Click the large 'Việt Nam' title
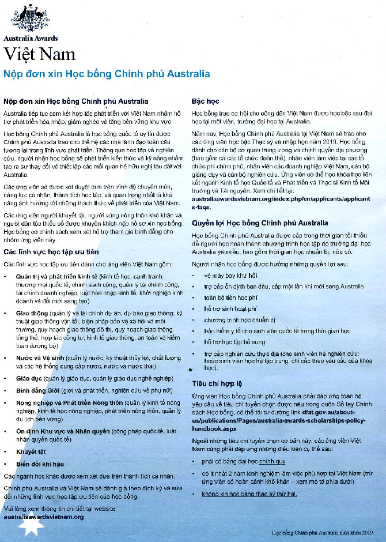tap(39, 54)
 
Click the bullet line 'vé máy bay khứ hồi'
tap(229, 277)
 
